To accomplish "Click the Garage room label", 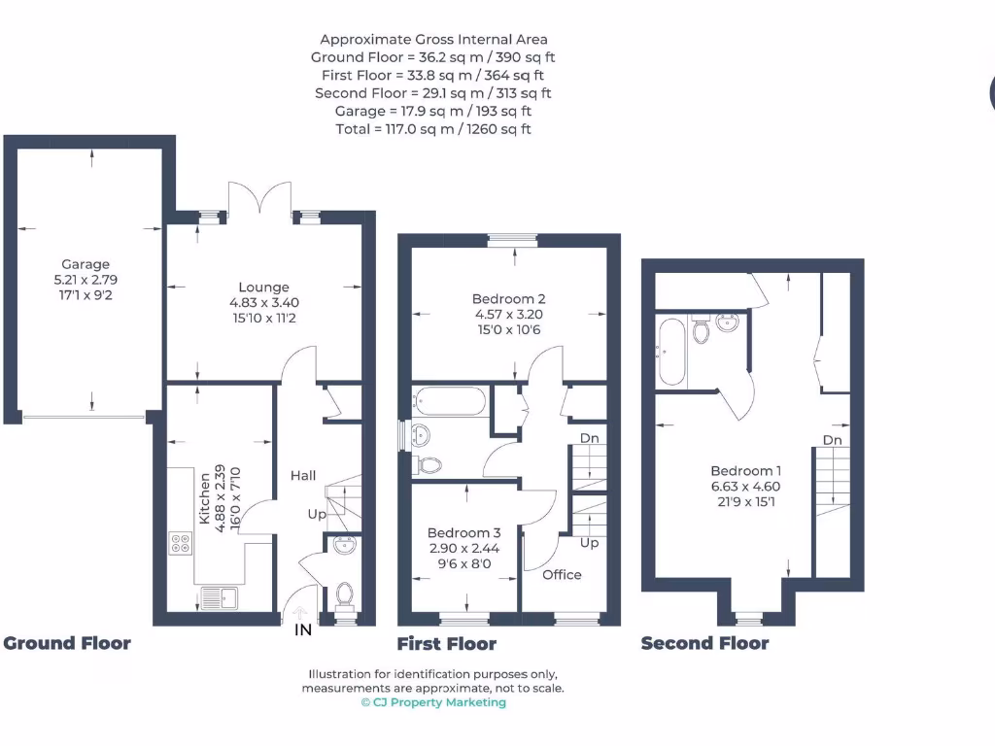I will click(86, 264).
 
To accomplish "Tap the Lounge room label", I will click(264, 288).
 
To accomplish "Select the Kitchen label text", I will click(205, 498).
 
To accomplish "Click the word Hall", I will click(303, 475).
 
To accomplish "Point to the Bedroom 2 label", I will click(502, 299).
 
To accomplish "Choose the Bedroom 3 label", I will click(464, 532).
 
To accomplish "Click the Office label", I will click(562, 574).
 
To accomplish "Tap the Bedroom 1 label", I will click(745, 471).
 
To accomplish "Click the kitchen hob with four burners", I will click(180, 544).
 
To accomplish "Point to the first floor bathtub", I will click(449, 400).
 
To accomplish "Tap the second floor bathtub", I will click(671, 352).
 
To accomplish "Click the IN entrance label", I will click(303, 630).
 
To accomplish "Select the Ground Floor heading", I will click(67, 643).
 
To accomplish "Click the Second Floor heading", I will click(704, 643).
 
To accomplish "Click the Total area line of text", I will click(433, 129).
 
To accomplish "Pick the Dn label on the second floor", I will click(832, 440).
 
